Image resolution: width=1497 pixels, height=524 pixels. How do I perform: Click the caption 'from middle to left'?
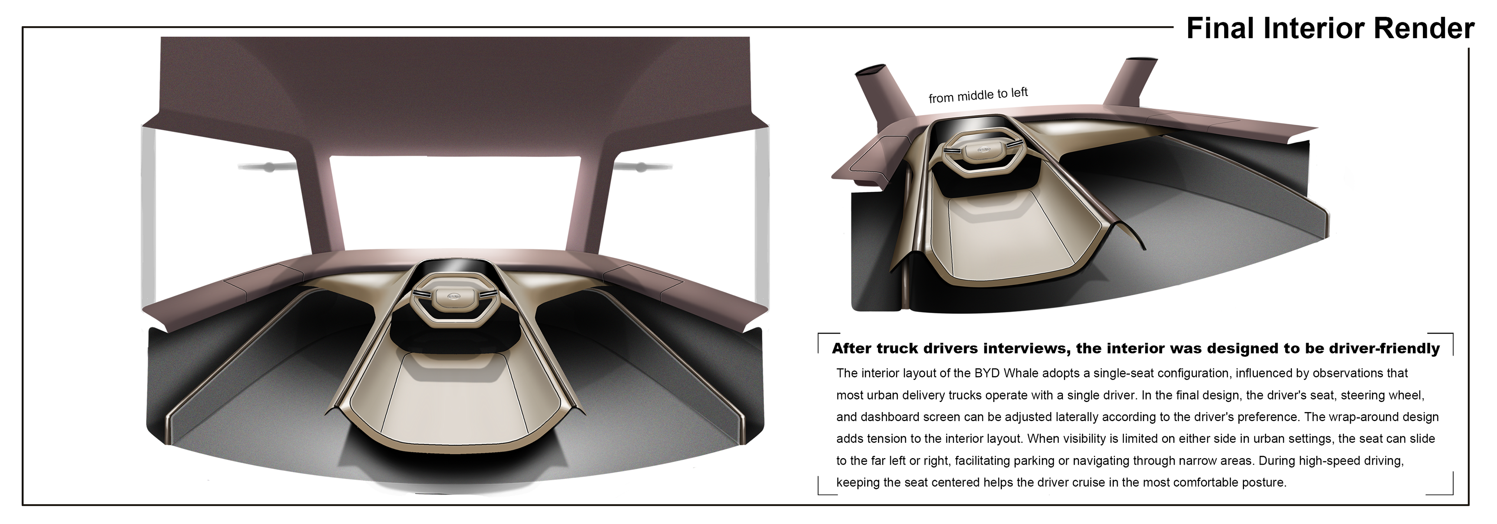click(x=978, y=95)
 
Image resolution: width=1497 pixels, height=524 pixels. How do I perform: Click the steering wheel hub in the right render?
click(x=983, y=150)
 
